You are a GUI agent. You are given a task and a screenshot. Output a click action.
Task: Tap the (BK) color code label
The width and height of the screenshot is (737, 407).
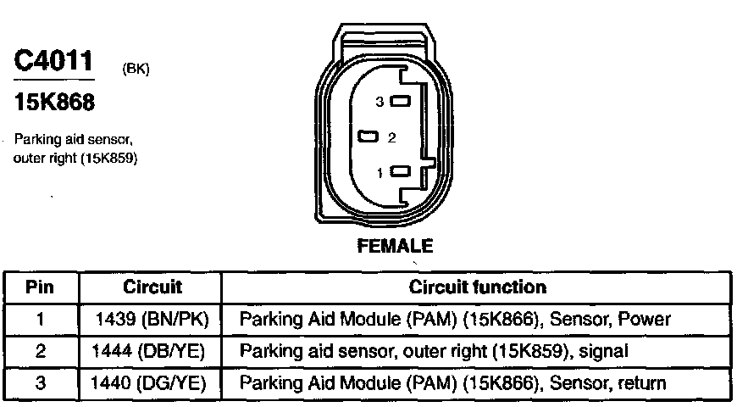coord(136,70)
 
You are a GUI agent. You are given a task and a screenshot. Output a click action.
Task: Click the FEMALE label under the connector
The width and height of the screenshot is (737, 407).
coord(396,246)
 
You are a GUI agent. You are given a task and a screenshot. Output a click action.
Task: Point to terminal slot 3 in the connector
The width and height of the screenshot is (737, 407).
coord(400,102)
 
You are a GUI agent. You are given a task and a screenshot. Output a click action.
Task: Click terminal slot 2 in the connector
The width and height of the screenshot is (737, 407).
coord(368,137)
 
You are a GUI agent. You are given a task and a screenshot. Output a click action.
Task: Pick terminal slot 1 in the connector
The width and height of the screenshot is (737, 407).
coord(400,172)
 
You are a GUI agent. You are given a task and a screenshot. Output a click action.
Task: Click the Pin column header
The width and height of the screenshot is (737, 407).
coord(40,287)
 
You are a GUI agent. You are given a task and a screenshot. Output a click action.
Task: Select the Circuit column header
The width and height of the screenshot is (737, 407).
coord(152,287)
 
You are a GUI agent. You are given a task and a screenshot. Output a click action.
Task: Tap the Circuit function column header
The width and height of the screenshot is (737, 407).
coord(478,287)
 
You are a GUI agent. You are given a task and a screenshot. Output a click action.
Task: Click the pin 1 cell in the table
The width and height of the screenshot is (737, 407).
coord(40,319)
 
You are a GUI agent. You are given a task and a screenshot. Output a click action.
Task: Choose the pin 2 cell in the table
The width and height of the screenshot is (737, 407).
coord(40,350)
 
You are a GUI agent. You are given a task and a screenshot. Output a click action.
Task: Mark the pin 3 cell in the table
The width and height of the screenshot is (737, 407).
coord(40,382)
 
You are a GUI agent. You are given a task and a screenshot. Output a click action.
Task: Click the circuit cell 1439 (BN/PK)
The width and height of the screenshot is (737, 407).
coord(153,319)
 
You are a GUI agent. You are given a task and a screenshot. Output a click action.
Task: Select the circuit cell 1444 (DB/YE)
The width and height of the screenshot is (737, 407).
coord(153,350)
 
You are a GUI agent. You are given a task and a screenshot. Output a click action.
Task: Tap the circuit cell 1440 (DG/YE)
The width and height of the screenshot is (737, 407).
coord(153,382)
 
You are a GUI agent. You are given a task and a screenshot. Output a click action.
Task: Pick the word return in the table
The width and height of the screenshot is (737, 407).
coord(642,382)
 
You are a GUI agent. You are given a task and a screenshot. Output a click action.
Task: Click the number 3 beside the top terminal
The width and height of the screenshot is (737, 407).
coord(380,102)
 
